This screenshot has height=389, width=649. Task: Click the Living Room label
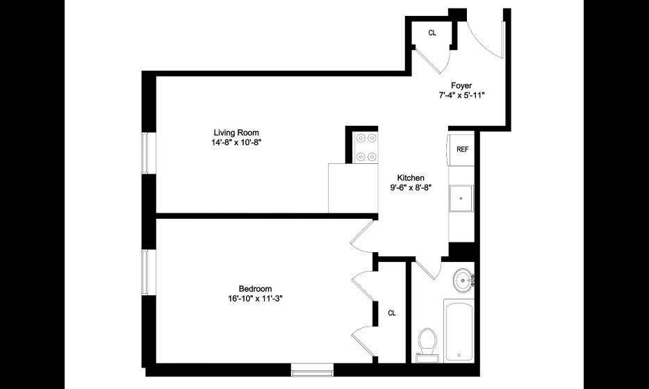(236, 133)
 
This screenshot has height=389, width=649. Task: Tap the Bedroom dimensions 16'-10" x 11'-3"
(255, 299)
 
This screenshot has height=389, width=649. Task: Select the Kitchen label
(411, 178)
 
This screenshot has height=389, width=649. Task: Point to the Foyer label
(461, 85)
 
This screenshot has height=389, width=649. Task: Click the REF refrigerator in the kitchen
(461, 149)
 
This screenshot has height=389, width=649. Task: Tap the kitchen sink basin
(461, 198)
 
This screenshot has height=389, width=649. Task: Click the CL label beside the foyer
(432, 33)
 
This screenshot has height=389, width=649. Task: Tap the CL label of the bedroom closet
(392, 313)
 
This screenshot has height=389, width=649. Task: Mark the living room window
(145, 153)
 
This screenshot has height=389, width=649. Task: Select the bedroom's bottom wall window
(312, 370)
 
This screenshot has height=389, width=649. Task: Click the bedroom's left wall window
(145, 272)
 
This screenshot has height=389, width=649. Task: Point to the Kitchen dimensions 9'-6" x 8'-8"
(411, 188)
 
